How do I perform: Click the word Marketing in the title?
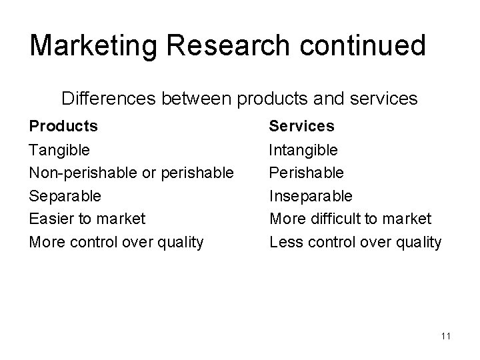coord(85,47)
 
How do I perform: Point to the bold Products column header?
coord(63,125)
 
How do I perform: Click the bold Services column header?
coord(301,125)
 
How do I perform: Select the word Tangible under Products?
coord(59,150)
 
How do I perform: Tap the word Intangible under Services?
coord(303,150)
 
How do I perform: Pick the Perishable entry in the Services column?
coord(306,173)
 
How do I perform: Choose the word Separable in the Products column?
coord(65,196)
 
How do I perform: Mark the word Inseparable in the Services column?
coord(311,196)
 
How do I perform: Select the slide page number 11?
coord(446,336)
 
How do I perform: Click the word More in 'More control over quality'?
coord(45,242)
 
